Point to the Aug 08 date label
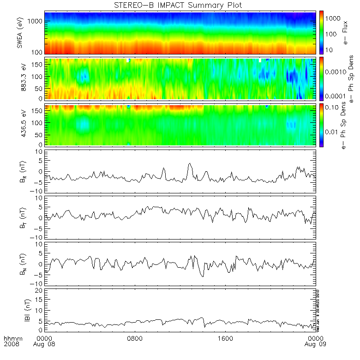pos(42,344)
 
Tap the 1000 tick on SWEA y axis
pos(36,22)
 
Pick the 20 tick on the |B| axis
pos(40,290)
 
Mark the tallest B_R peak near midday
pos(190,163)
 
